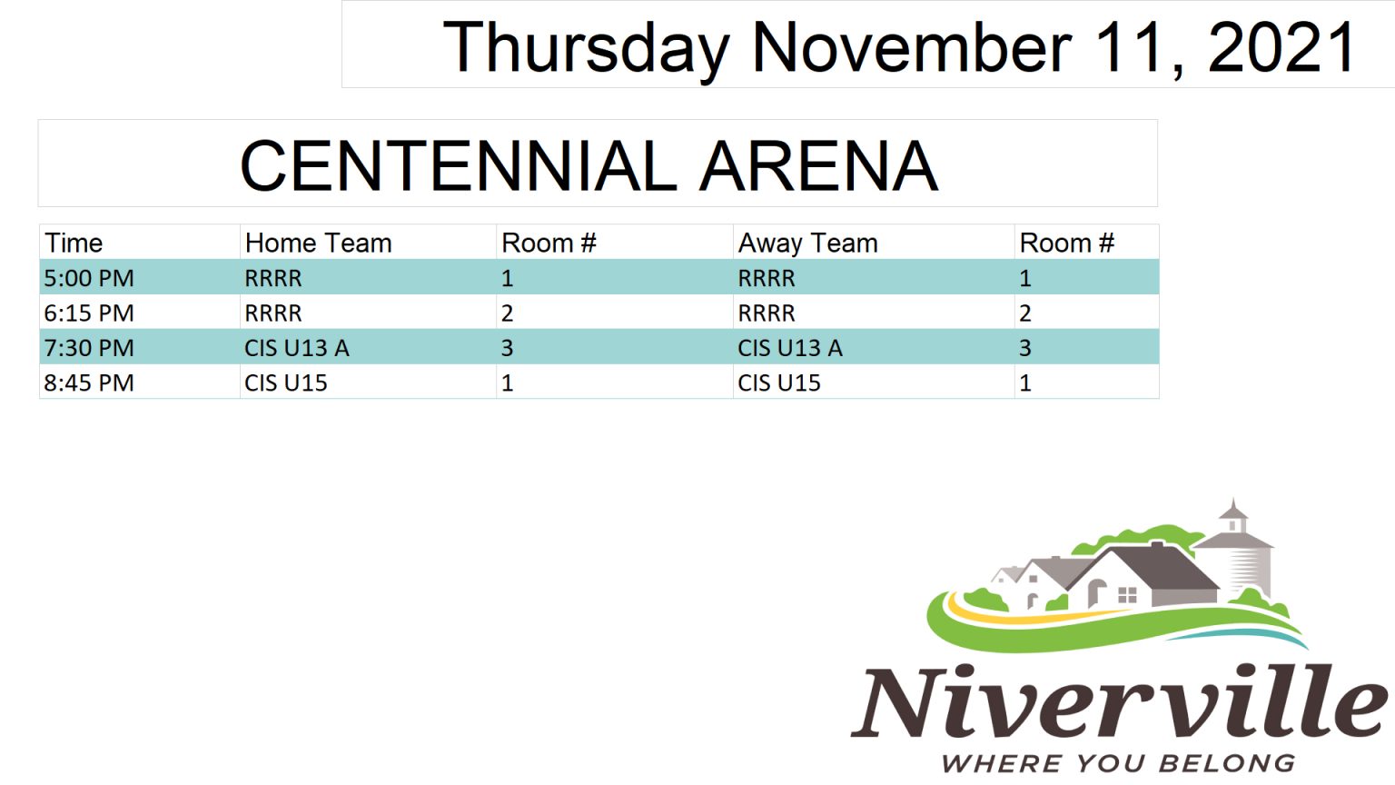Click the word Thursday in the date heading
coord(586,48)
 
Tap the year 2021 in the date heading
coord(1281,47)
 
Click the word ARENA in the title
coord(818,165)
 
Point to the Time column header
coord(74,243)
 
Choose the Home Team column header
coord(318,243)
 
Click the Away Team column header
coord(807,243)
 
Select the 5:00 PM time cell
coord(89,278)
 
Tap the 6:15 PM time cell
coord(89,313)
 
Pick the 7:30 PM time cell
coord(89,348)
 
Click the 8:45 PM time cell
coord(89,383)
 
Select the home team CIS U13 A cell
coord(296,348)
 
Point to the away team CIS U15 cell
coord(779,383)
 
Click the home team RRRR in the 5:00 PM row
coord(273,278)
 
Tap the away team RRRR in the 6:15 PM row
coord(767,313)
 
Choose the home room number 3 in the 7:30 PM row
coord(507,348)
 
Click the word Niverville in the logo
coord(1119,701)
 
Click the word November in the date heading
coord(913,47)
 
